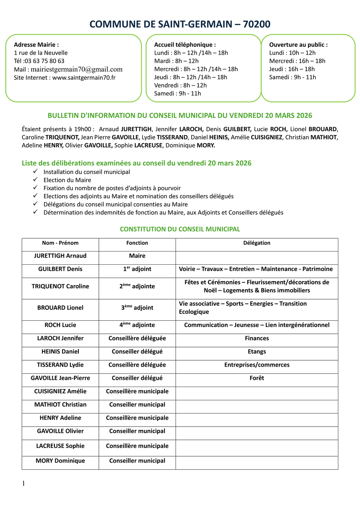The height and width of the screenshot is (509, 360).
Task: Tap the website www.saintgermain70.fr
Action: [x=84, y=78]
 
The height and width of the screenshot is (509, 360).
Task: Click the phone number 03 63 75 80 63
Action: [x=44, y=61]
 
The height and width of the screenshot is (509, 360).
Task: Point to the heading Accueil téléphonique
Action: [x=185, y=45]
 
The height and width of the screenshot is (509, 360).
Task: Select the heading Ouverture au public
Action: [x=298, y=45]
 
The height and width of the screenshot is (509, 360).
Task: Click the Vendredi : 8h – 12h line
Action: [x=180, y=85]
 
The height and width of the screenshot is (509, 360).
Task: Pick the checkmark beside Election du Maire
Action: [x=36, y=180]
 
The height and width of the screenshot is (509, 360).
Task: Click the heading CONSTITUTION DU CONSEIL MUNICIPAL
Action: [x=180, y=229]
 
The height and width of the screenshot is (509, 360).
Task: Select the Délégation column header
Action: [x=257, y=243]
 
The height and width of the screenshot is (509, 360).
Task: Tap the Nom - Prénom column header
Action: [x=60, y=243]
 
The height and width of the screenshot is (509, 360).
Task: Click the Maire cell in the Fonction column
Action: [x=137, y=256]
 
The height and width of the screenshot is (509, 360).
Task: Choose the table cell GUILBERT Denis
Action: [x=60, y=269]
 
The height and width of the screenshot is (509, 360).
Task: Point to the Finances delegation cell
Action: [x=257, y=338]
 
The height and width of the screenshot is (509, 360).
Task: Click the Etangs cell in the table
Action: [x=257, y=351]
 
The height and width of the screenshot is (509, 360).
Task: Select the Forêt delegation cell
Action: [x=257, y=378]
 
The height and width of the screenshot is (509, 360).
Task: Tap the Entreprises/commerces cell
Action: [x=257, y=365]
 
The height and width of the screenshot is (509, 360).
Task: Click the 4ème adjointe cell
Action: [x=137, y=325]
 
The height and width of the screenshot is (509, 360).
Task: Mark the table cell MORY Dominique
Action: [x=60, y=461]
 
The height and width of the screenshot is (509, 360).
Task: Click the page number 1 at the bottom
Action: [x=24, y=484]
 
